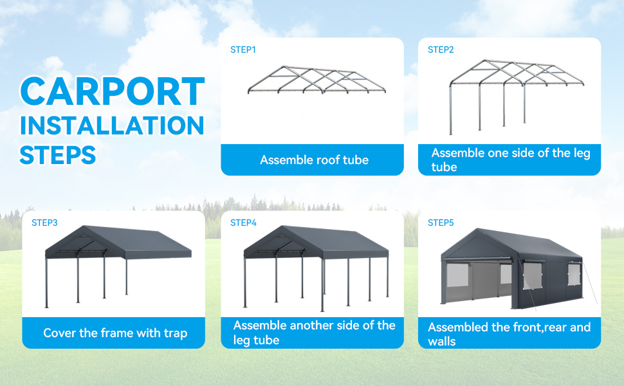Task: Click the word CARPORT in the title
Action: (113, 91)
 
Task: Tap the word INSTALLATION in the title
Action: (112, 125)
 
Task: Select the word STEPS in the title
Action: (58, 155)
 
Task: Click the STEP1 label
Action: (243, 50)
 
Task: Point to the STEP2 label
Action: (441, 50)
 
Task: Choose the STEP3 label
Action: (44, 223)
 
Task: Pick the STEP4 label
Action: (243, 223)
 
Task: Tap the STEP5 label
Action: (441, 223)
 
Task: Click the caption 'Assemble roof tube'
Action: (314, 160)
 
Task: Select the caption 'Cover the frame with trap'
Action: (115, 333)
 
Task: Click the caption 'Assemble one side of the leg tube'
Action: (511, 160)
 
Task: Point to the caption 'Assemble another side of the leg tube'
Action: (314, 333)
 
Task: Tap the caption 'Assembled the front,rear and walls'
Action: (509, 334)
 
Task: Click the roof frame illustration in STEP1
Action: (317, 80)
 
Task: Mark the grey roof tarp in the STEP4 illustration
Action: (316, 243)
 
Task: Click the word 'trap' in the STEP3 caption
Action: (175, 333)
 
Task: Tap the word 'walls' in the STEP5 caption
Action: (442, 342)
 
